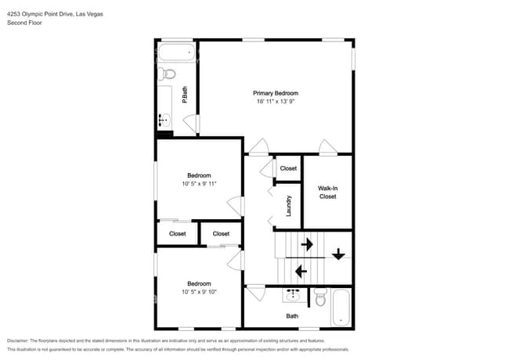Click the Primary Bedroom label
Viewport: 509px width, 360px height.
click(275, 93)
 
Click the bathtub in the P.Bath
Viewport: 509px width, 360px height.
click(175, 53)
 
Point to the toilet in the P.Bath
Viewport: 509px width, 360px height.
click(166, 75)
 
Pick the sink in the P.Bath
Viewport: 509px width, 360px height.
click(164, 120)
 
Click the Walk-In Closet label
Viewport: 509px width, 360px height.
click(327, 193)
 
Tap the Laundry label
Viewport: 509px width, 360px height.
click(289, 206)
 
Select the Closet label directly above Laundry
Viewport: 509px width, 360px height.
click(288, 168)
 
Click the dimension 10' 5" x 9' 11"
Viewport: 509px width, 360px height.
click(199, 184)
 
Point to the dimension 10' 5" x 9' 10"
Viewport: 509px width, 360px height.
click(199, 292)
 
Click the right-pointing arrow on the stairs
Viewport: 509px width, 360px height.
click(306, 244)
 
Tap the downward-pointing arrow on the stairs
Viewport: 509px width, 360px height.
click(338, 254)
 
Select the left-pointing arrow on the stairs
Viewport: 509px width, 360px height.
click(299, 272)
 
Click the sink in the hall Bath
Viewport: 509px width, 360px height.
click(293, 296)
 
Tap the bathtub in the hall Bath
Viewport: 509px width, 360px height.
click(343, 308)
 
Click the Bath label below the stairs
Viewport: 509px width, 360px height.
click(292, 316)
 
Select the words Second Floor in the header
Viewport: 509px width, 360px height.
click(24, 23)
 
